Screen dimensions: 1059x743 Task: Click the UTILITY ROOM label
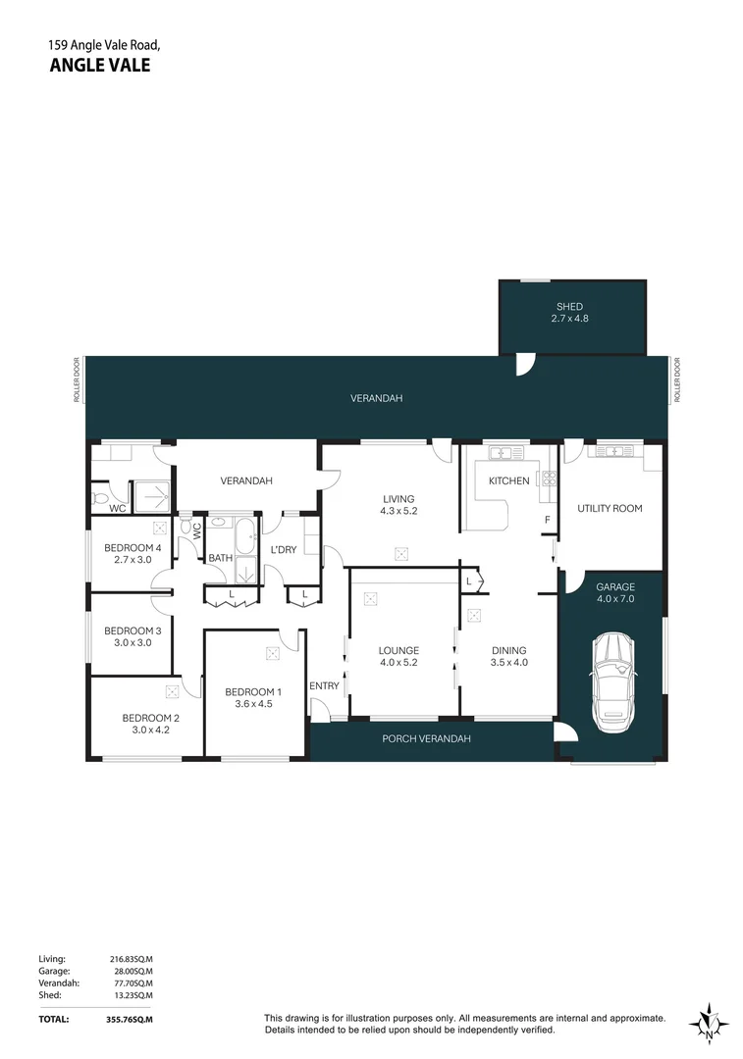coord(609,509)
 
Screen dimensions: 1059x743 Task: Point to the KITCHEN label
coord(508,481)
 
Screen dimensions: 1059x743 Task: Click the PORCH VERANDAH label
coord(426,738)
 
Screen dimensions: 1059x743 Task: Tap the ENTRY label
coord(324,685)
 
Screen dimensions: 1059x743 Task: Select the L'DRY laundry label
coord(283,550)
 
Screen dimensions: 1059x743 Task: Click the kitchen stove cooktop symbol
coord(549,479)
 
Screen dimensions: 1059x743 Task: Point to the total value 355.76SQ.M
coord(131,1020)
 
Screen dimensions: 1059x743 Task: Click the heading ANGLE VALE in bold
coord(99,67)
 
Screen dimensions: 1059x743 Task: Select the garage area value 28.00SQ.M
coord(131,971)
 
